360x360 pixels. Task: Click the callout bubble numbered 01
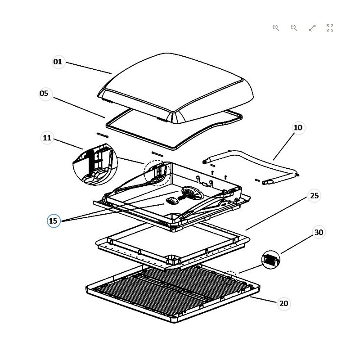58,62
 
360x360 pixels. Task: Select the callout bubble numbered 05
44,94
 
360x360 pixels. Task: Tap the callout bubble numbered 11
47,138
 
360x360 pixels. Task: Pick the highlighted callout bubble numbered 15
54,221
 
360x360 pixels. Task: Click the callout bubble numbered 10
298,128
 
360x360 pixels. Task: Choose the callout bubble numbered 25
315,196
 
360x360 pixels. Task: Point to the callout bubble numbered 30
319,233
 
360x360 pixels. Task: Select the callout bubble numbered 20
283,303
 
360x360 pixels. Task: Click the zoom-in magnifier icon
276,28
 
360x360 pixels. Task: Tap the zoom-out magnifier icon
294,28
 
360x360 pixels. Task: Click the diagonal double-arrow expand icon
312,28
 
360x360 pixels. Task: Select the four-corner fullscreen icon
330,28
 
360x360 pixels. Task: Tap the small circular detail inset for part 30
271,260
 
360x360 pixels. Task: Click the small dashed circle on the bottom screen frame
230,276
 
